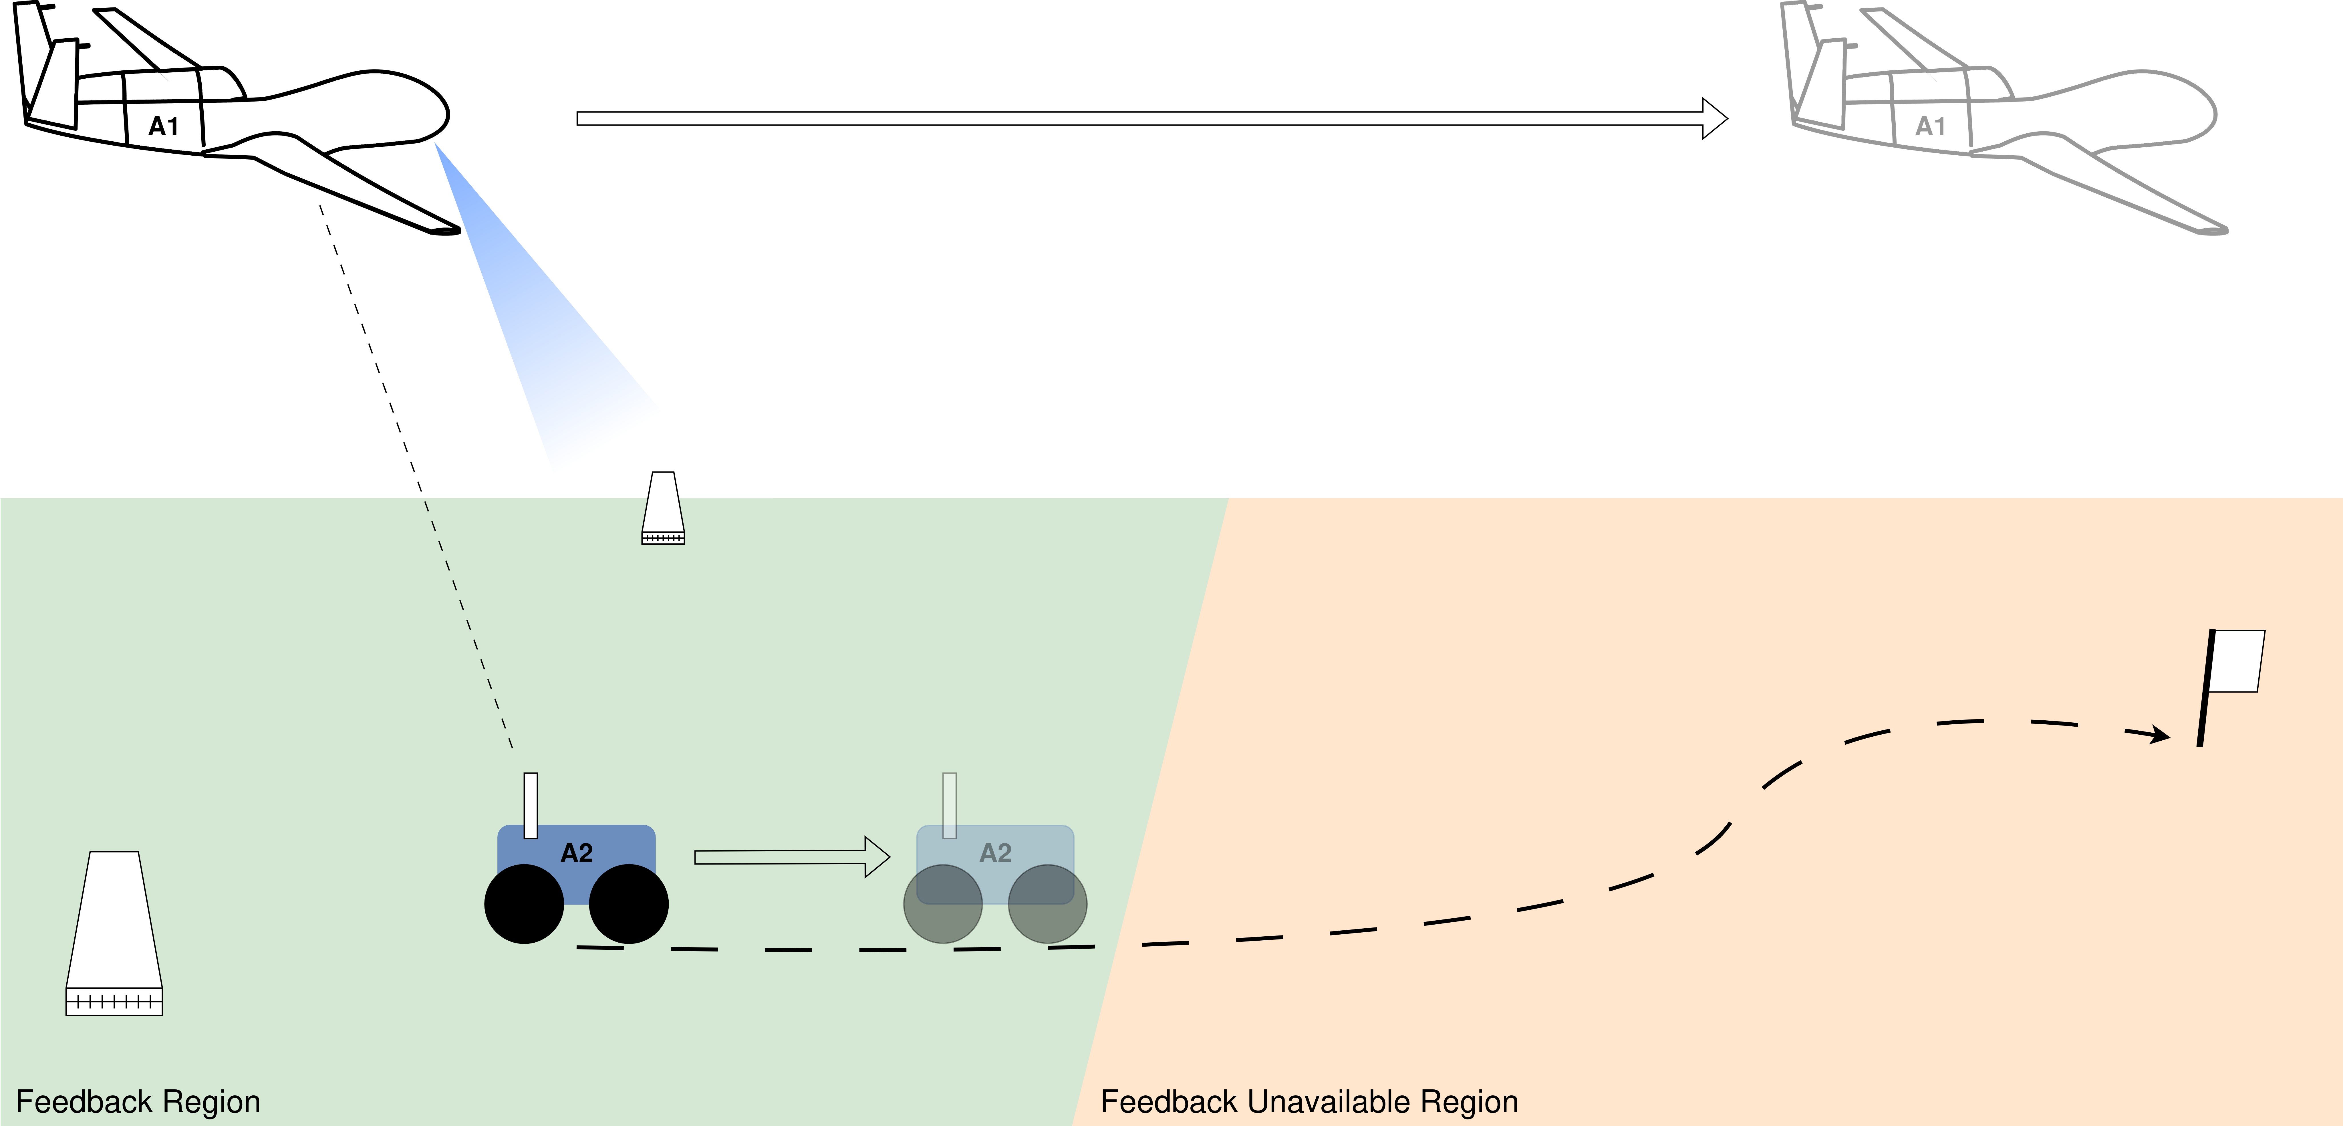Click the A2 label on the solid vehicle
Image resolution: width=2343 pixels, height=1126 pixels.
tap(577, 853)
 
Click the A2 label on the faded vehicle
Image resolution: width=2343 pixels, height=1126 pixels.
tap(995, 853)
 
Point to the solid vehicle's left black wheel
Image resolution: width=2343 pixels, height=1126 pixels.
tap(524, 904)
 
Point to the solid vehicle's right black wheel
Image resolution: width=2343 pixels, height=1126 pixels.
tap(628, 904)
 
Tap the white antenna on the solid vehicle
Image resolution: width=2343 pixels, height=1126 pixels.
tap(531, 805)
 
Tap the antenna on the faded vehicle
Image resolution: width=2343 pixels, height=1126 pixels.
tap(950, 805)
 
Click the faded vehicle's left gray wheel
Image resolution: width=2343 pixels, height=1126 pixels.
tap(942, 904)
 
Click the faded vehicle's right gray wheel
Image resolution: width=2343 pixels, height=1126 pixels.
tap(1048, 904)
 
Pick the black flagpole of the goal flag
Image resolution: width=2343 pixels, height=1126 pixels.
tap(2206, 689)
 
